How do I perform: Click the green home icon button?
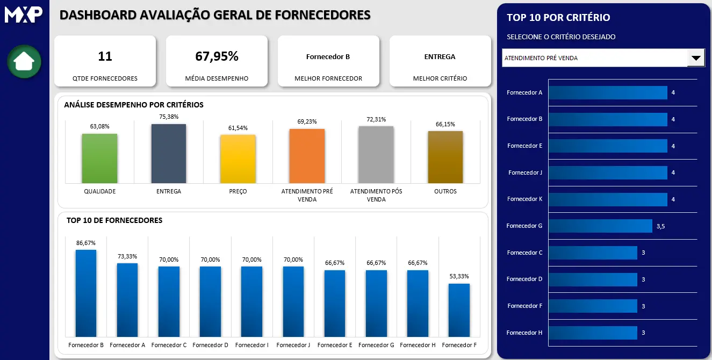point(24,61)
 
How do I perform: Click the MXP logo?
point(24,14)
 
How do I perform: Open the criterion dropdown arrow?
point(696,58)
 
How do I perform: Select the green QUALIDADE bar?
point(99,159)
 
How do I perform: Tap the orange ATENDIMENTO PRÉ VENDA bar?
point(307,156)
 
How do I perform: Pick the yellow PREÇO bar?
point(238,159)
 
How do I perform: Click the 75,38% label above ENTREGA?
point(169,117)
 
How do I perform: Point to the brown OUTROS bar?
point(445,157)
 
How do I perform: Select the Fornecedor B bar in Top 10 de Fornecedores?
point(86,293)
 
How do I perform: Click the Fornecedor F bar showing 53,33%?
point(459,310)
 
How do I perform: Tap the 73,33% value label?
point(127,256)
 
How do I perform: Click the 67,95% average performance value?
point(217,56)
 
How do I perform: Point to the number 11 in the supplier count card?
point(105,56)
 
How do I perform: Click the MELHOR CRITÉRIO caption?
point(440,78)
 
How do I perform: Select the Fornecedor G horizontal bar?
point(600,226)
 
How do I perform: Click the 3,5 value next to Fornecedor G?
point(660,226)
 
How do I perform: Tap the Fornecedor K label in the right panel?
point(524,199)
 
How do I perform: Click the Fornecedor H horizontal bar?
point(593,333)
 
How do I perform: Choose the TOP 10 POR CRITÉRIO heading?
point(558,18)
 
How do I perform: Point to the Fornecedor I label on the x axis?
point(251,345)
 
